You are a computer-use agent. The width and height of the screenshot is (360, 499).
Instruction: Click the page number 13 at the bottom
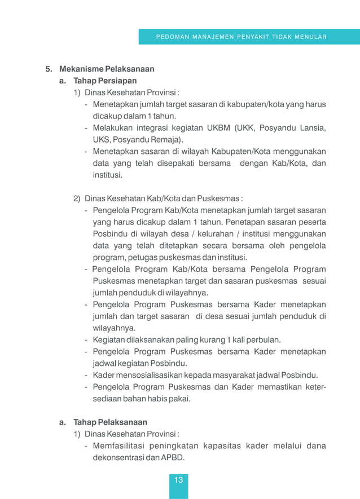(x=178, y=480)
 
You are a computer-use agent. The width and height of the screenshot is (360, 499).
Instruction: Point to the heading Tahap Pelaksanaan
(x=110, y=422)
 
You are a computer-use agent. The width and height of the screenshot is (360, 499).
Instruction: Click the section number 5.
(x=49, y=69)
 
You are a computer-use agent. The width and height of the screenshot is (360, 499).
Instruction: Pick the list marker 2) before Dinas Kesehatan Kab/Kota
(x=77, y=198)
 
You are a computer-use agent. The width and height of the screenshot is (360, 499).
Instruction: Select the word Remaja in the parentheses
(x=166, y=140)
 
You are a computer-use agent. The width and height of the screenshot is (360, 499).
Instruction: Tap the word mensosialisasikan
(x=148, y=375)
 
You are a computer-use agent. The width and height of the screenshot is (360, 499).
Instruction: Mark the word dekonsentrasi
(x=119, y=458)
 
